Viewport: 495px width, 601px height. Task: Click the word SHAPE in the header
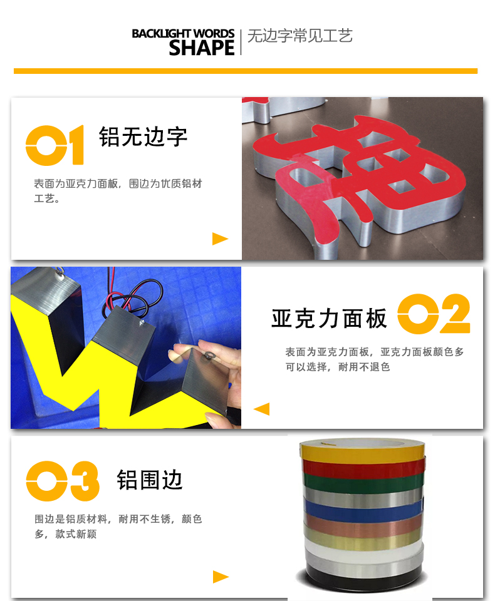202,48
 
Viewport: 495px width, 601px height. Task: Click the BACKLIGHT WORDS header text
183,34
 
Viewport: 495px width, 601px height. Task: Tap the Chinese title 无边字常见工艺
300,36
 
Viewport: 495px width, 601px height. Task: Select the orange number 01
55,145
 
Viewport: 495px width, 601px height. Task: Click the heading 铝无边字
143,137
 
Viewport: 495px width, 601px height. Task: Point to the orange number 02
434,314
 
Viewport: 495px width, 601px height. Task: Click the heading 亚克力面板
329,319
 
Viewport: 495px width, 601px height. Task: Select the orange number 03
63,481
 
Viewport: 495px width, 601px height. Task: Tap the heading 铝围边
150,480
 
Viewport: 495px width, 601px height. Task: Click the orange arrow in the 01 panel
220,239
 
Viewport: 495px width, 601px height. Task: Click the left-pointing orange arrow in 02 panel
262,409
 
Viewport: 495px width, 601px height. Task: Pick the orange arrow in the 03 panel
221,577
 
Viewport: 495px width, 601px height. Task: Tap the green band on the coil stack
363,481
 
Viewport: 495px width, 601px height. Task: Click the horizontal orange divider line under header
246,71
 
